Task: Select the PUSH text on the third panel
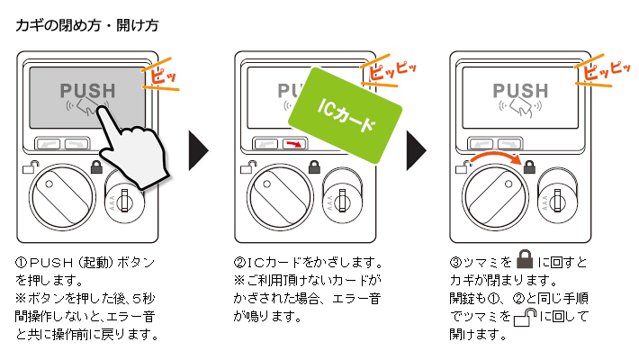520,91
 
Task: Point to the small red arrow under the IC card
292,143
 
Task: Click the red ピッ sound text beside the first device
164,77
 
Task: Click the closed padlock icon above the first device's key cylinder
97,166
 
